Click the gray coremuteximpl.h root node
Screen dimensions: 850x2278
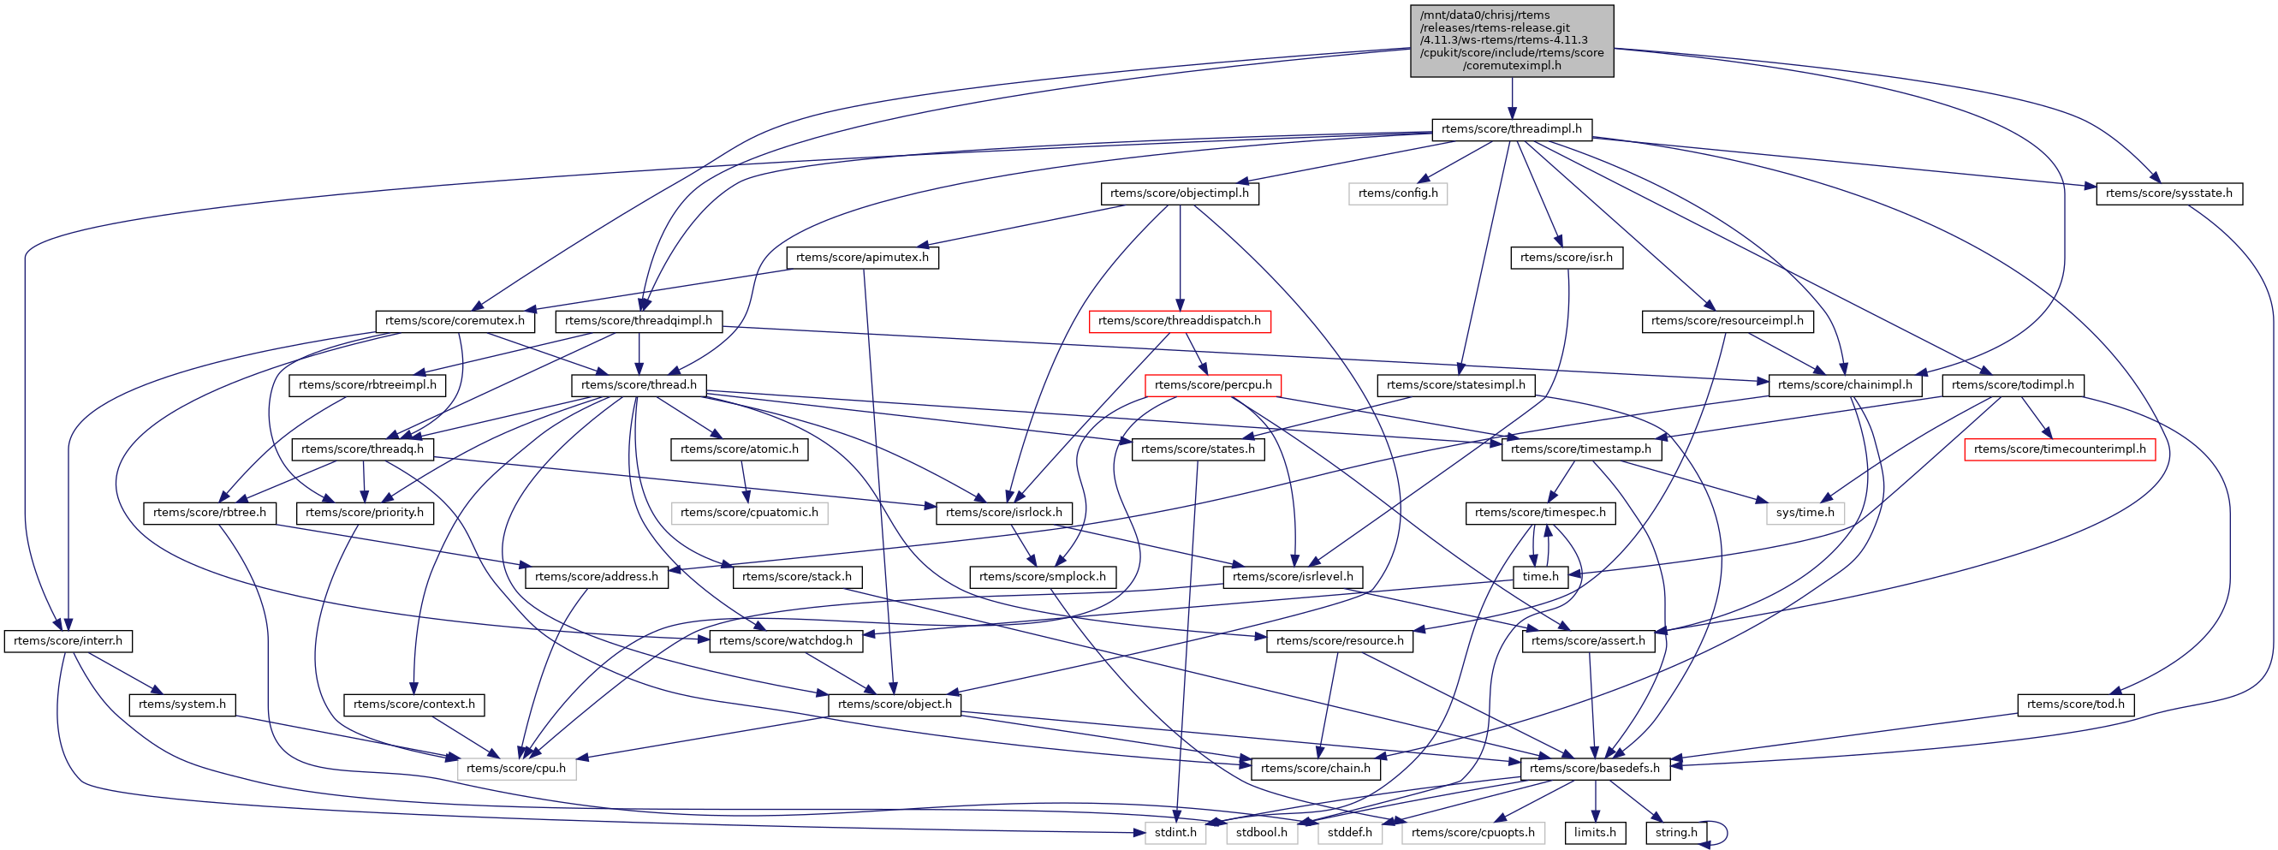click(x=1511, y=41)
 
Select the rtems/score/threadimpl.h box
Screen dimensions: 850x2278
click(x=1511, y=129)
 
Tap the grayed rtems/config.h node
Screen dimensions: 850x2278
click(x=1397, y=193)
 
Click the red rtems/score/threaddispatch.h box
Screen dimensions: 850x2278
click(x=1181, y=320)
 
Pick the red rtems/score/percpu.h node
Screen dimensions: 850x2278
click(x=1212, y=384)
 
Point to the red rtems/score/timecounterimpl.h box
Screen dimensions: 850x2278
click(x=2059, y=449)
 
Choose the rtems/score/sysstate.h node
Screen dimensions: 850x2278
click(x=2168, y=193)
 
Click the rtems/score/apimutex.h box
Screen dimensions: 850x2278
click(x=862, y=258)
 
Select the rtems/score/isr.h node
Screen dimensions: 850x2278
click(x=1566, y=258)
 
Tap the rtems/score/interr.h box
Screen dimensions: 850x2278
click(x=68, y=640)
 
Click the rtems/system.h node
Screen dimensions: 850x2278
click(x=182, y=704)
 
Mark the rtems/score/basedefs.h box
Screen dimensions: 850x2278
click(x=1594, y=768)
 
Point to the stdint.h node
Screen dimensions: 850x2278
click(x=1175, y=832)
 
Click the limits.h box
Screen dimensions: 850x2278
click(x=1594, y=832)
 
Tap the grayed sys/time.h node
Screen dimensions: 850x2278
click(x=1805, y=512)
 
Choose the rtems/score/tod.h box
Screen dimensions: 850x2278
click(x=2075, y=704)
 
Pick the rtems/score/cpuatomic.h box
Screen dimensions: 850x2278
click(x=749, y=512)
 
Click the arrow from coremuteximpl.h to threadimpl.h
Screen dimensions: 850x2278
click(x=1511, y=98)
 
